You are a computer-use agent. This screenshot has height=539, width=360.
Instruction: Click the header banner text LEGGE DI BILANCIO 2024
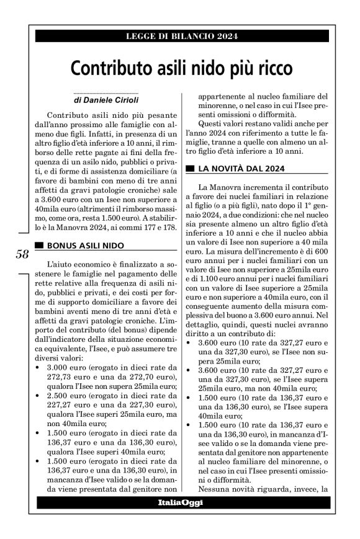(180, 36)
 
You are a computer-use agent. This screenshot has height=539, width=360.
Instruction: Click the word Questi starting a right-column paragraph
(213, 123)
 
